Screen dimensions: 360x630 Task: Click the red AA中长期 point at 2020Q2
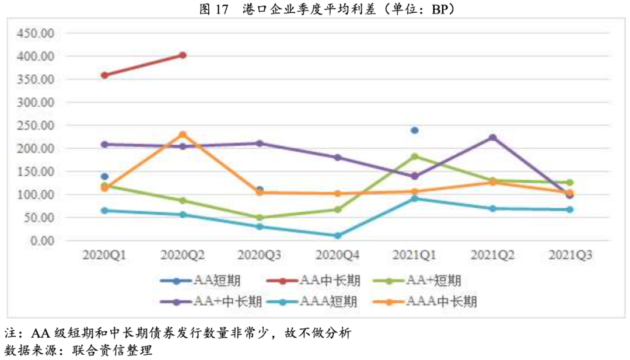pyautogui.click(x=183, y=55)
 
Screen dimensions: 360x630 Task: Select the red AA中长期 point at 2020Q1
pyautogui.click(x=104, y=75)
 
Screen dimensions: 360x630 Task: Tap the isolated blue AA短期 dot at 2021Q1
pyautogui.click(x=415, y=130)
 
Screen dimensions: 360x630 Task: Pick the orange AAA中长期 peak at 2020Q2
pyautogui.click(x=183, y=135)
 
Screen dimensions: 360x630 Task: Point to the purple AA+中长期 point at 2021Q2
pyautogui.click(x=492, y=138)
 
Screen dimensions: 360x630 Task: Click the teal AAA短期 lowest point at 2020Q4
pyautogui.click(x=337, y=236)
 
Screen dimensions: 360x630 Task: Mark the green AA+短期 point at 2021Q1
pyautogui.click(x=415, y=156)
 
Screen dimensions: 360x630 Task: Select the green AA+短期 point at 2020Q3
pyautogui.click(x=260, y=218)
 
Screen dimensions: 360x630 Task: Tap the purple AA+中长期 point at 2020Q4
pyautogui.click(x=337, y=158)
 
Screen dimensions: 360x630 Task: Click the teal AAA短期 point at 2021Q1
pyautogui.click(x=415, y=198)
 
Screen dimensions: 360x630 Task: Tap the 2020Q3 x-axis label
pyautogui.click(x=260, y=255)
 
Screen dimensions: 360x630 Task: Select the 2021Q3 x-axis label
pyautogui.click(x=570, y=255)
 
